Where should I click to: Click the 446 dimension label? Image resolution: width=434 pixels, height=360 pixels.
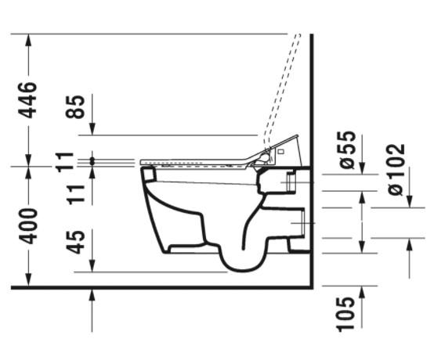pos(28,99)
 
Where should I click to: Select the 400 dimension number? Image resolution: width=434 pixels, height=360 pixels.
pos(28,226)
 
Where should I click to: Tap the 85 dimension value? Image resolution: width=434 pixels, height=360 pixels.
pos(76,106)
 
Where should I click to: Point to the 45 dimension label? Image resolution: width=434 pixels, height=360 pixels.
pos(76,243)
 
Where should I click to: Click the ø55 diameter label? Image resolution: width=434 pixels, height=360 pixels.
pos(346,149)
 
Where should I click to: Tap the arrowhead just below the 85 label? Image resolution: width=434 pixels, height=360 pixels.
pos(93,128)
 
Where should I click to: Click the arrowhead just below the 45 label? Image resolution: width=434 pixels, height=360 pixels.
pos(93,266)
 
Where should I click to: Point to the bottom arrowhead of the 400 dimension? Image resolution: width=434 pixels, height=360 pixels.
pos(29,281)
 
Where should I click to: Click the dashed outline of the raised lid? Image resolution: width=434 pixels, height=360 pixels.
pos(282,86)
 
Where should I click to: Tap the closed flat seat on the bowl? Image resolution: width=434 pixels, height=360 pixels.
pos(196,162)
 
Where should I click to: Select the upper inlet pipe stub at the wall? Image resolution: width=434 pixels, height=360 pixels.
pos(292,182)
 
